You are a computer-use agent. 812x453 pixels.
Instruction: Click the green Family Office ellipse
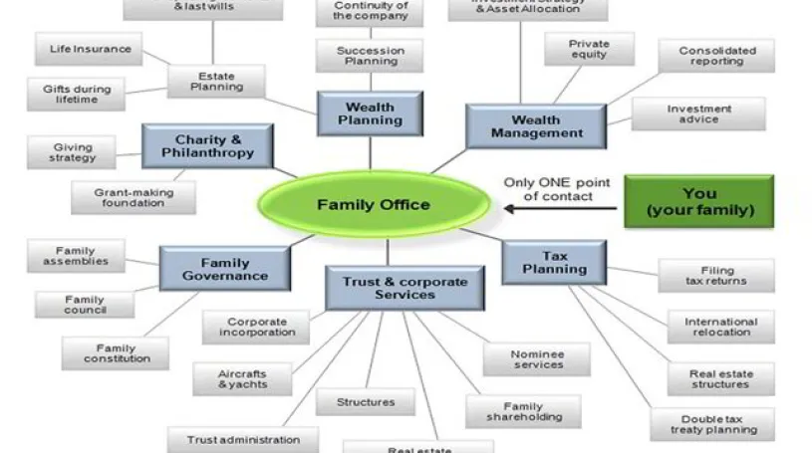coord(374,205)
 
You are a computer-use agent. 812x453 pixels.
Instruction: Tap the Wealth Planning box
coord(370,113)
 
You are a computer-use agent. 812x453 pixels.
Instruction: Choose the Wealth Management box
coord(536,125)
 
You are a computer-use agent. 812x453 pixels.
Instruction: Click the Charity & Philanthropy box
coord(207,146)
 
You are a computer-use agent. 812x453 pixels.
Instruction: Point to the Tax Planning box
coord(554,261)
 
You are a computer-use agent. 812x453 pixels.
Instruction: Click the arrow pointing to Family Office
coord(559,209)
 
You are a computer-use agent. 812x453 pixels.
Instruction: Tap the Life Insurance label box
coord(90,49)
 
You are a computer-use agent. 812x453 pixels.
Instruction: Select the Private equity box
coord(589,50)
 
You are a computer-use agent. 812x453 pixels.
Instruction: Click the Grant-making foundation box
coord(132,196)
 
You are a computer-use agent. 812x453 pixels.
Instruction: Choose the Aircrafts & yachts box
coord(242,379)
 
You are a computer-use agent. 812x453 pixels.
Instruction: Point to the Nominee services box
coord(537,359)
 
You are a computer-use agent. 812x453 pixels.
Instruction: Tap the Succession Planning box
coord(370,56)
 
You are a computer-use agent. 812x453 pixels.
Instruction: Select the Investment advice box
coord(698,113)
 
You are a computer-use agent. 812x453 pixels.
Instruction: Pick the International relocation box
coord(720,327)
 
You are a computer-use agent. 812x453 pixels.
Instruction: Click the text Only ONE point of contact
coord(547,189)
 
